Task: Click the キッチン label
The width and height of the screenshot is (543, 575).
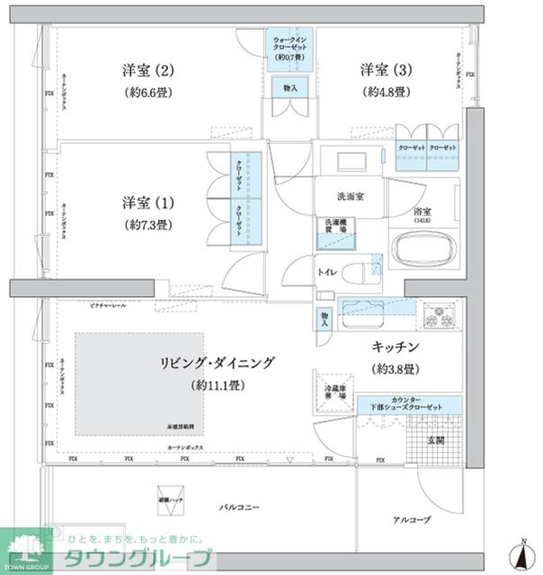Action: tap(394, 347)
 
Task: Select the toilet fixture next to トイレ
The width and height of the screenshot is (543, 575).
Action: tap(358, 271)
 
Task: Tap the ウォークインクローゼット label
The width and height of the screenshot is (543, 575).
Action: tap(291, 43)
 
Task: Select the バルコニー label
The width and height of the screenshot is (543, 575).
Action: tap(239, 508)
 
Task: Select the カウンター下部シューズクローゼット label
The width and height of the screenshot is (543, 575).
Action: tap(409, 406)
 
